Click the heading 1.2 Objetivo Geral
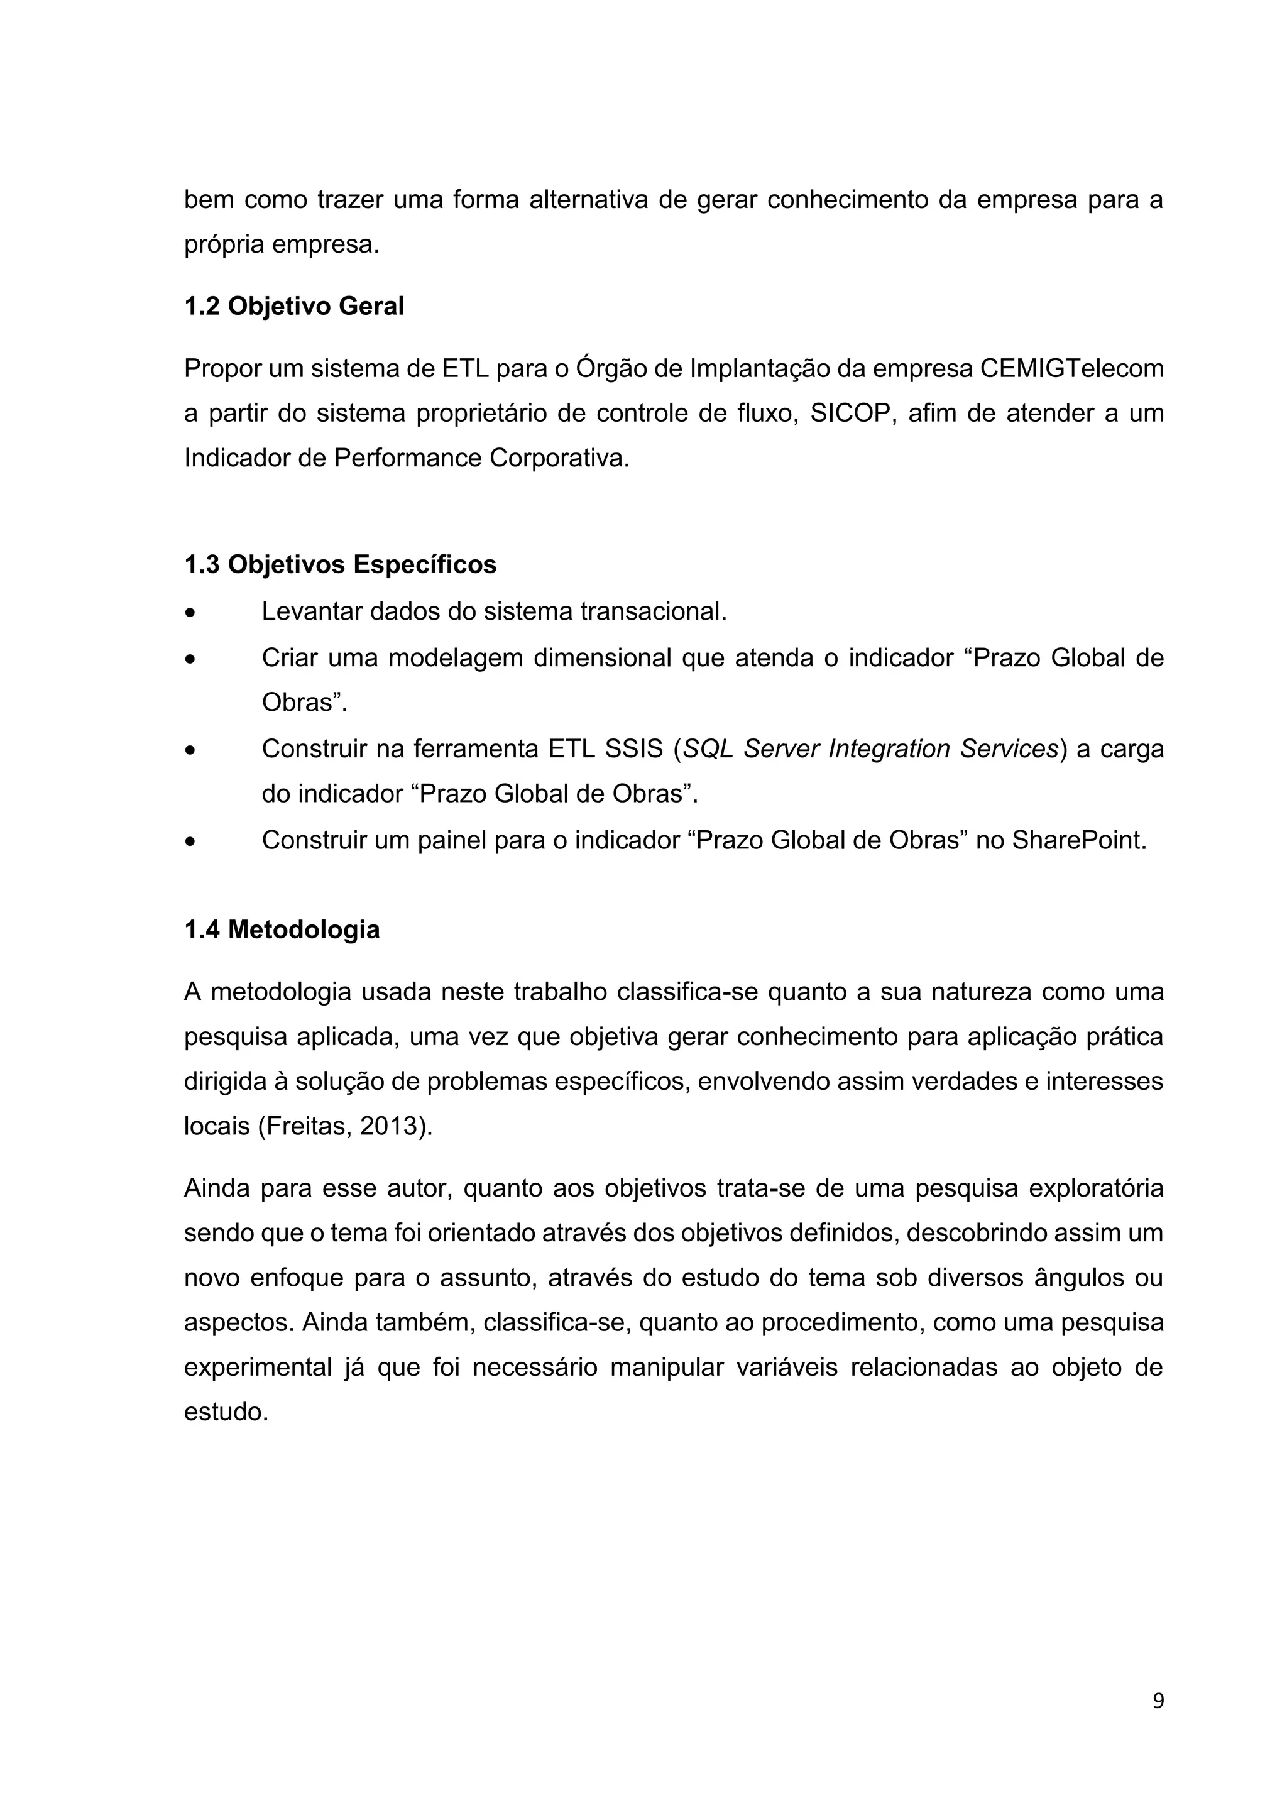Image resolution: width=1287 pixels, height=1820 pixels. pos(294,306)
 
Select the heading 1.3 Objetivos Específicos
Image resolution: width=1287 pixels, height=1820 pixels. pos(340,564)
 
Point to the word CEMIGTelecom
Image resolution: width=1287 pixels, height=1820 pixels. pos(1071,369)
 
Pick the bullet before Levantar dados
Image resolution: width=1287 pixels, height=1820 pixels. pos(189,613)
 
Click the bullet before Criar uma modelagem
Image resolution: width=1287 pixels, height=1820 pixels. pos(189,659)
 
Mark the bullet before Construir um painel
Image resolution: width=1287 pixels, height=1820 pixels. pos(189,841)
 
